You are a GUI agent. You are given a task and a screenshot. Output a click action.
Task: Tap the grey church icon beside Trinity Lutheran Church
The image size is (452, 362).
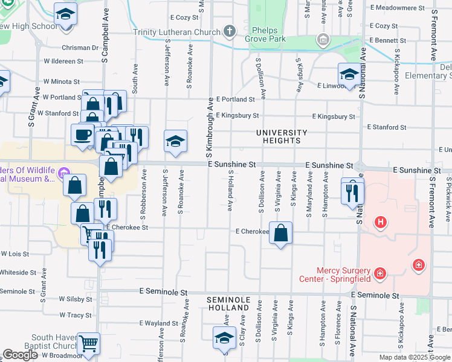coord(229,30)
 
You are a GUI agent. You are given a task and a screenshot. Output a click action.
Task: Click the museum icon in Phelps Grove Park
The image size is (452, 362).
coord(323,40)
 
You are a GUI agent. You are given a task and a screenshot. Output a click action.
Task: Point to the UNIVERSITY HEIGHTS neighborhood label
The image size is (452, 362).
coord(282,136)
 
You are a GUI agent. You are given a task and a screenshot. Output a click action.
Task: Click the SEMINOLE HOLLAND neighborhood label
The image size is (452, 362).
coord(228,303)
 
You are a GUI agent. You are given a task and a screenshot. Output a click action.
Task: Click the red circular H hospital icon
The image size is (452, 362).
coord(380,223)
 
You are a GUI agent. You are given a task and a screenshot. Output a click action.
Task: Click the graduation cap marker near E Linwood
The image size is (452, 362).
coord(349,75)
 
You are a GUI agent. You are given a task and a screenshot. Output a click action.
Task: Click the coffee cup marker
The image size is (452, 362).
coord(82,135)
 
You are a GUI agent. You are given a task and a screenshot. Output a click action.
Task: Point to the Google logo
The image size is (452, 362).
coord(20,355)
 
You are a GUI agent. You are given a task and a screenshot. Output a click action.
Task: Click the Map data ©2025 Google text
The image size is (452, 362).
coord(415,357)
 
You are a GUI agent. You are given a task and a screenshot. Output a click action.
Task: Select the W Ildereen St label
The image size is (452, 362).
coord(63,62)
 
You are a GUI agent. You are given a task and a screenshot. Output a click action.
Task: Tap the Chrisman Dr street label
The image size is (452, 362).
coord(80,48)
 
